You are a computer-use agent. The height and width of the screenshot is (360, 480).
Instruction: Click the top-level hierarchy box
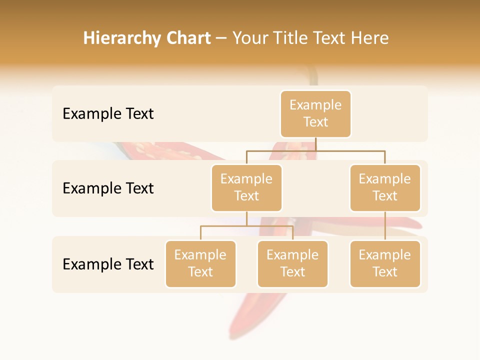(315, 114)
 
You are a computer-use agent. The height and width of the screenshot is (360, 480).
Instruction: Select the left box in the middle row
(246, 188)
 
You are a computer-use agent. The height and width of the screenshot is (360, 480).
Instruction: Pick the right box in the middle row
(385, 188)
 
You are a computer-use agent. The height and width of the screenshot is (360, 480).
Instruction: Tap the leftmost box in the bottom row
(200, 264)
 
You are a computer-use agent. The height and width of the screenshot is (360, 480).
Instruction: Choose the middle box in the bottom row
(292, 264)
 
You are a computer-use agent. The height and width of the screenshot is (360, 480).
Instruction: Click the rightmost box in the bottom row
(385, 264)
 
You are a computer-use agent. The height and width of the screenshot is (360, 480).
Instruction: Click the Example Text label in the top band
(108, 114)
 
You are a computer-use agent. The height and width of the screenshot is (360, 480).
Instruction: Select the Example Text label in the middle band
(108, 188)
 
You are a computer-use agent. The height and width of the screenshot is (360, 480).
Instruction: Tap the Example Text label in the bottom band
(108, 264)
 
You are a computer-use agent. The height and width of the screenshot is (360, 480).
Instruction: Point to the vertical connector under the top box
(316, 144)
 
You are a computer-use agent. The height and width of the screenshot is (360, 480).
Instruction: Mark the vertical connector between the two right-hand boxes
(385, 226)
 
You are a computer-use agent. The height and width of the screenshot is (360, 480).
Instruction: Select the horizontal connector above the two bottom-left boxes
(246, 226)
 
